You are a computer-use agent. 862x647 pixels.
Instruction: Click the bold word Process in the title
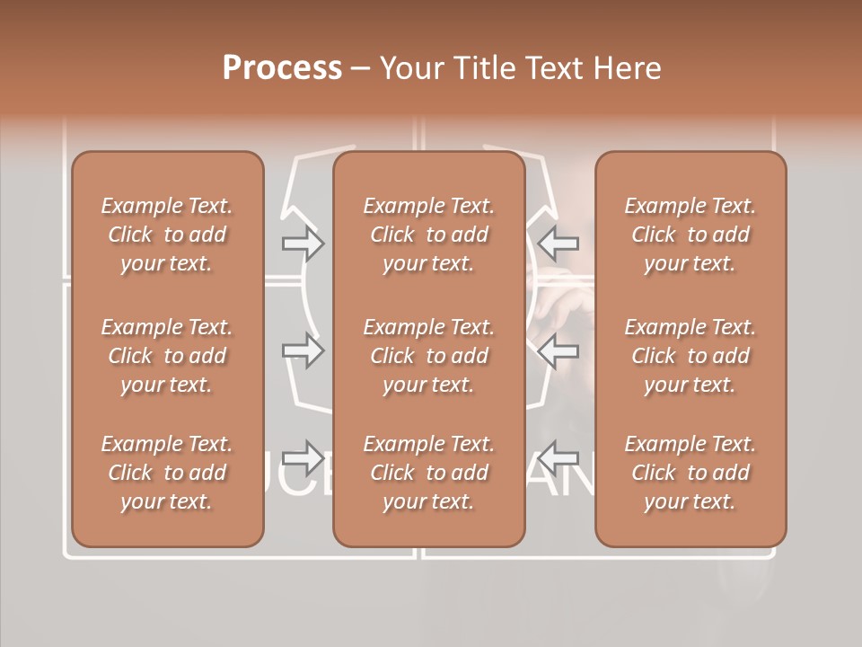(282, 68)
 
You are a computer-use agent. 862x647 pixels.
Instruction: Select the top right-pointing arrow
(303, 244)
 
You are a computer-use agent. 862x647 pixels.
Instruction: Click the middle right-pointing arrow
(303, 350)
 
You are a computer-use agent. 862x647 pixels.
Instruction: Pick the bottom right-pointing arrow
(303, 458)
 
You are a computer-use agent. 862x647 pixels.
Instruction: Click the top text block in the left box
(167, 235)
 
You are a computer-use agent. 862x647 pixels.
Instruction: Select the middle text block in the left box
(167, 356)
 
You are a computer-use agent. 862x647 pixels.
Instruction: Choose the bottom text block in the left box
(167, 473)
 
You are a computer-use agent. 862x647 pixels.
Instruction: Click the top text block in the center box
(429, 235)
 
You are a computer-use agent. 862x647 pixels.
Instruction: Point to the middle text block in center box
(429, 356)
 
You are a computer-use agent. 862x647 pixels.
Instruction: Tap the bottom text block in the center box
(429, 473)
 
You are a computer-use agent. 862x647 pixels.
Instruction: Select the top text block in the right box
(690, 235)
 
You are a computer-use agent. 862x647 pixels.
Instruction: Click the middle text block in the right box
(690, 356)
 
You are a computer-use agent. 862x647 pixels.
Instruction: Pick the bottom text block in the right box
(690, 473)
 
